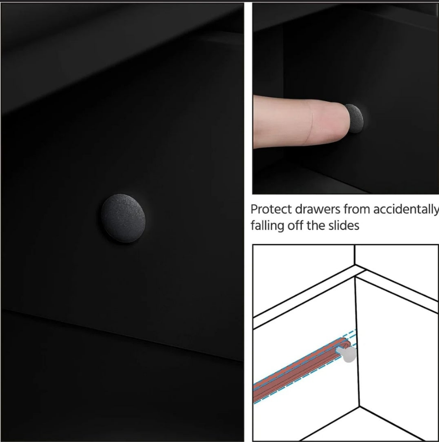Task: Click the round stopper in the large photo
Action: tap(123, 218)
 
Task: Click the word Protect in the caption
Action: tap(271, 209)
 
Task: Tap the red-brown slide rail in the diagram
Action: tap(301, 370)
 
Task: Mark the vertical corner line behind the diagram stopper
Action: tap(357, 342)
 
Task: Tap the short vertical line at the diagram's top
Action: tap(354, 255)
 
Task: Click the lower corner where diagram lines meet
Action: tap(359, 407)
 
